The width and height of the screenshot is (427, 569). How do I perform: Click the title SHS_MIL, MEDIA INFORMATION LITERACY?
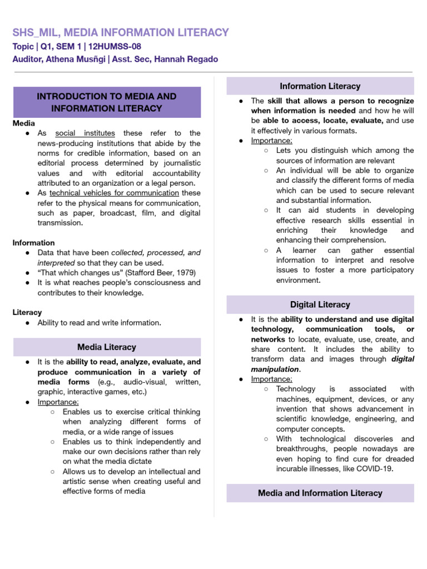[x=121, y=32]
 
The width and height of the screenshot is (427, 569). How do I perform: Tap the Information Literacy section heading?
[x=320, y=86]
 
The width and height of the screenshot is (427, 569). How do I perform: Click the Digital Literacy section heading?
[x=320, y=305]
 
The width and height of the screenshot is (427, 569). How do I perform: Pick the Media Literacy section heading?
[x=107, y=347]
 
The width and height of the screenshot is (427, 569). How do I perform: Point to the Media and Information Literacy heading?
[x=320, y=493]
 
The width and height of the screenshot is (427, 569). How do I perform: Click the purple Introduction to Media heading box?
[x=107, y=102]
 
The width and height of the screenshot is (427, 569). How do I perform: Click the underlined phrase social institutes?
[x=85, y=133]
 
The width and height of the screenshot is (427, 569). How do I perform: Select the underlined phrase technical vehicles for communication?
[x=114, y=193]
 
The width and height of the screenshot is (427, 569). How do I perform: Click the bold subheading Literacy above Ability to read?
[x=27, y=313]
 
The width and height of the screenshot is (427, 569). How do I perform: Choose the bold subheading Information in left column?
[x=34, y=243]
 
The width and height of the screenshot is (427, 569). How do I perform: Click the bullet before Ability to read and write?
[x=28, y=323]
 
